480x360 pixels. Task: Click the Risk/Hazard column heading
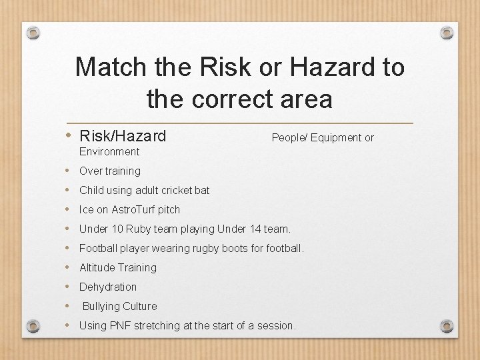122,137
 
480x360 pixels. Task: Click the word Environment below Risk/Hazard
109,152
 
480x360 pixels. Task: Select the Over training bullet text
110,171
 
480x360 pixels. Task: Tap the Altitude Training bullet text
118,268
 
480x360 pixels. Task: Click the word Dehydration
108,287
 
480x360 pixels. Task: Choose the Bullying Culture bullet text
119,307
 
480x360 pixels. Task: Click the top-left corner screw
35,33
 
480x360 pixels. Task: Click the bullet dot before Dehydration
70,287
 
